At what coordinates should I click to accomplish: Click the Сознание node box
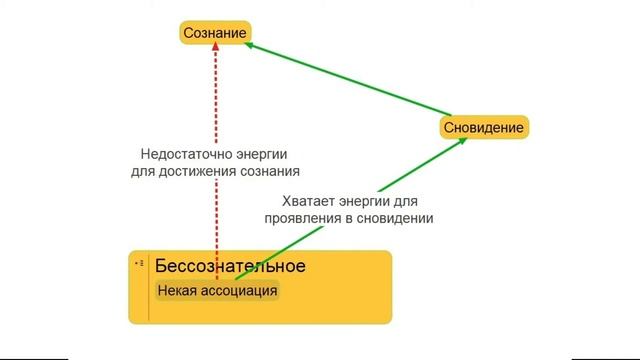point(214,34)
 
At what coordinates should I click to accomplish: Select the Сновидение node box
point(484,128)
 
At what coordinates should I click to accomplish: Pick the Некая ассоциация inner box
point(216,290)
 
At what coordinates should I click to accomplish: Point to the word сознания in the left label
point(271,171)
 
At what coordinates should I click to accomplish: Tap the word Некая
point(176,290)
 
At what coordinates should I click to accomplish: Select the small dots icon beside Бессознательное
point(139,263)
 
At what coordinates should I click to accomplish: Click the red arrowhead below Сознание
point(215,53)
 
